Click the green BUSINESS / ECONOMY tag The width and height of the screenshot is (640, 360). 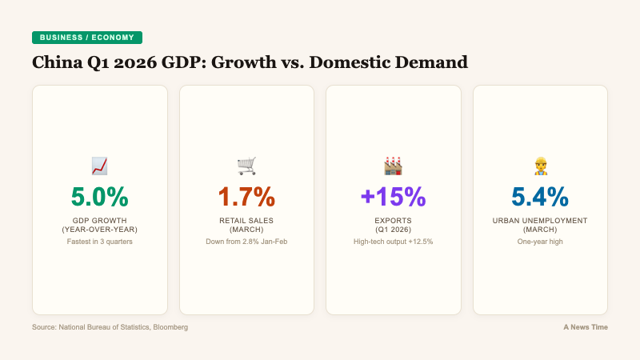click(x=87, y=38)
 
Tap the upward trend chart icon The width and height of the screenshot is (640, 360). click(x=100, y=166)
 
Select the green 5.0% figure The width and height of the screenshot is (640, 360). click(x=100, y=197)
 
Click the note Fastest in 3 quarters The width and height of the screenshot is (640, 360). click(x=100, y=242)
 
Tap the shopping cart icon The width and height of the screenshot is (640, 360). click(x=246, y=166)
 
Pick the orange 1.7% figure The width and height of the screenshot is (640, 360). click(x=246, y=197)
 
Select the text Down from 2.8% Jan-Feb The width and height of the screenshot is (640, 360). click(x=246, y=242)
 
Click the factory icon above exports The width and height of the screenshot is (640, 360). click(x=393, y=166)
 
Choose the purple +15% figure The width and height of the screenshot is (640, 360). click(x=393, y=197)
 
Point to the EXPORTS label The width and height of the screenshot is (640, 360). click(x=393, y=220)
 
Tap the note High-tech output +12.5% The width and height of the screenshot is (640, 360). click(x=393, y=242)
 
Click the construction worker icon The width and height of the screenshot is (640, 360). click(x=541, y=166)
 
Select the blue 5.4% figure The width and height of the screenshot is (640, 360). click(x=541, y=197)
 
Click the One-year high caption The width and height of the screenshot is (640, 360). click(x=541, y=242)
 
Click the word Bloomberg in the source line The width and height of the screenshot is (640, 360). click(x=170, y=327)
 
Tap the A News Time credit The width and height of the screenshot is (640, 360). click(x=585, y=327)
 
